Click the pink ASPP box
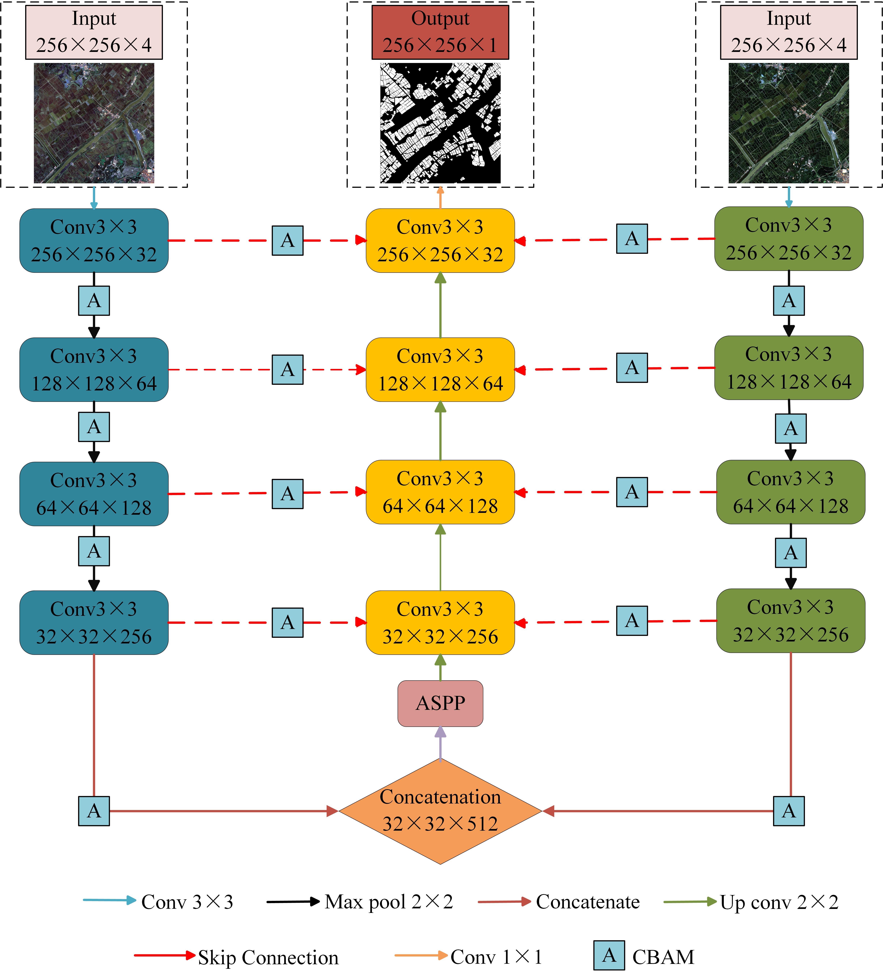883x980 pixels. (x=440, y=703)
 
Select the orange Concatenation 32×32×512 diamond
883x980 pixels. (x=440, y=811)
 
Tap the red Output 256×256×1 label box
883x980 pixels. (x=440, y=32)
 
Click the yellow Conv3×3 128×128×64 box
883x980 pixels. (x=440, y=369)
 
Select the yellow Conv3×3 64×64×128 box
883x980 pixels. (x=440, y=492)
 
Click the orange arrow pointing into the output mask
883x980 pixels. (x=440, y=198)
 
